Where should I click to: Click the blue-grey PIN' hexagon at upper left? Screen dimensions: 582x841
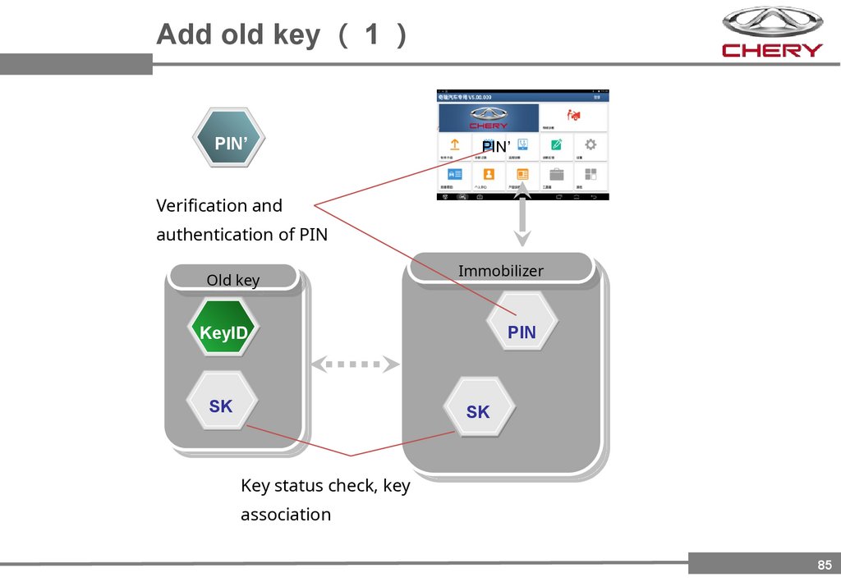pyautogui.click(x=229, y=138)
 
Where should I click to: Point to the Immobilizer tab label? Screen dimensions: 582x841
pyautogui.click(x=500, y=270)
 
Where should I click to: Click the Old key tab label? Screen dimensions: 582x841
pyautogui.click(x=232, y=280)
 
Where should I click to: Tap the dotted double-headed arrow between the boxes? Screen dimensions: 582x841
pyautogui.click(x=355, y=364)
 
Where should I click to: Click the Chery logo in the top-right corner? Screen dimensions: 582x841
pyautogui.click(x=772, y=32)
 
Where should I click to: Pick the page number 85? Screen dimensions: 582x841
pyautogui.click(x=825, y=565)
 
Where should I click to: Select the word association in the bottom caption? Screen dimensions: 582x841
pyautogui.click(x=286, y=515)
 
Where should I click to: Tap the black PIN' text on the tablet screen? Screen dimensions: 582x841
pyautogui.click(x=496, y=147)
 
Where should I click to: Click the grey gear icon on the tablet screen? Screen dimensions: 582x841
pyautogui.click(x=591, y=145)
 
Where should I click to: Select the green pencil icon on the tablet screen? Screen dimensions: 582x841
pyautogui.click(x=557, y=145)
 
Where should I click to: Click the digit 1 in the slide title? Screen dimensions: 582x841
pyautogui.click(x=372, y=34)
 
